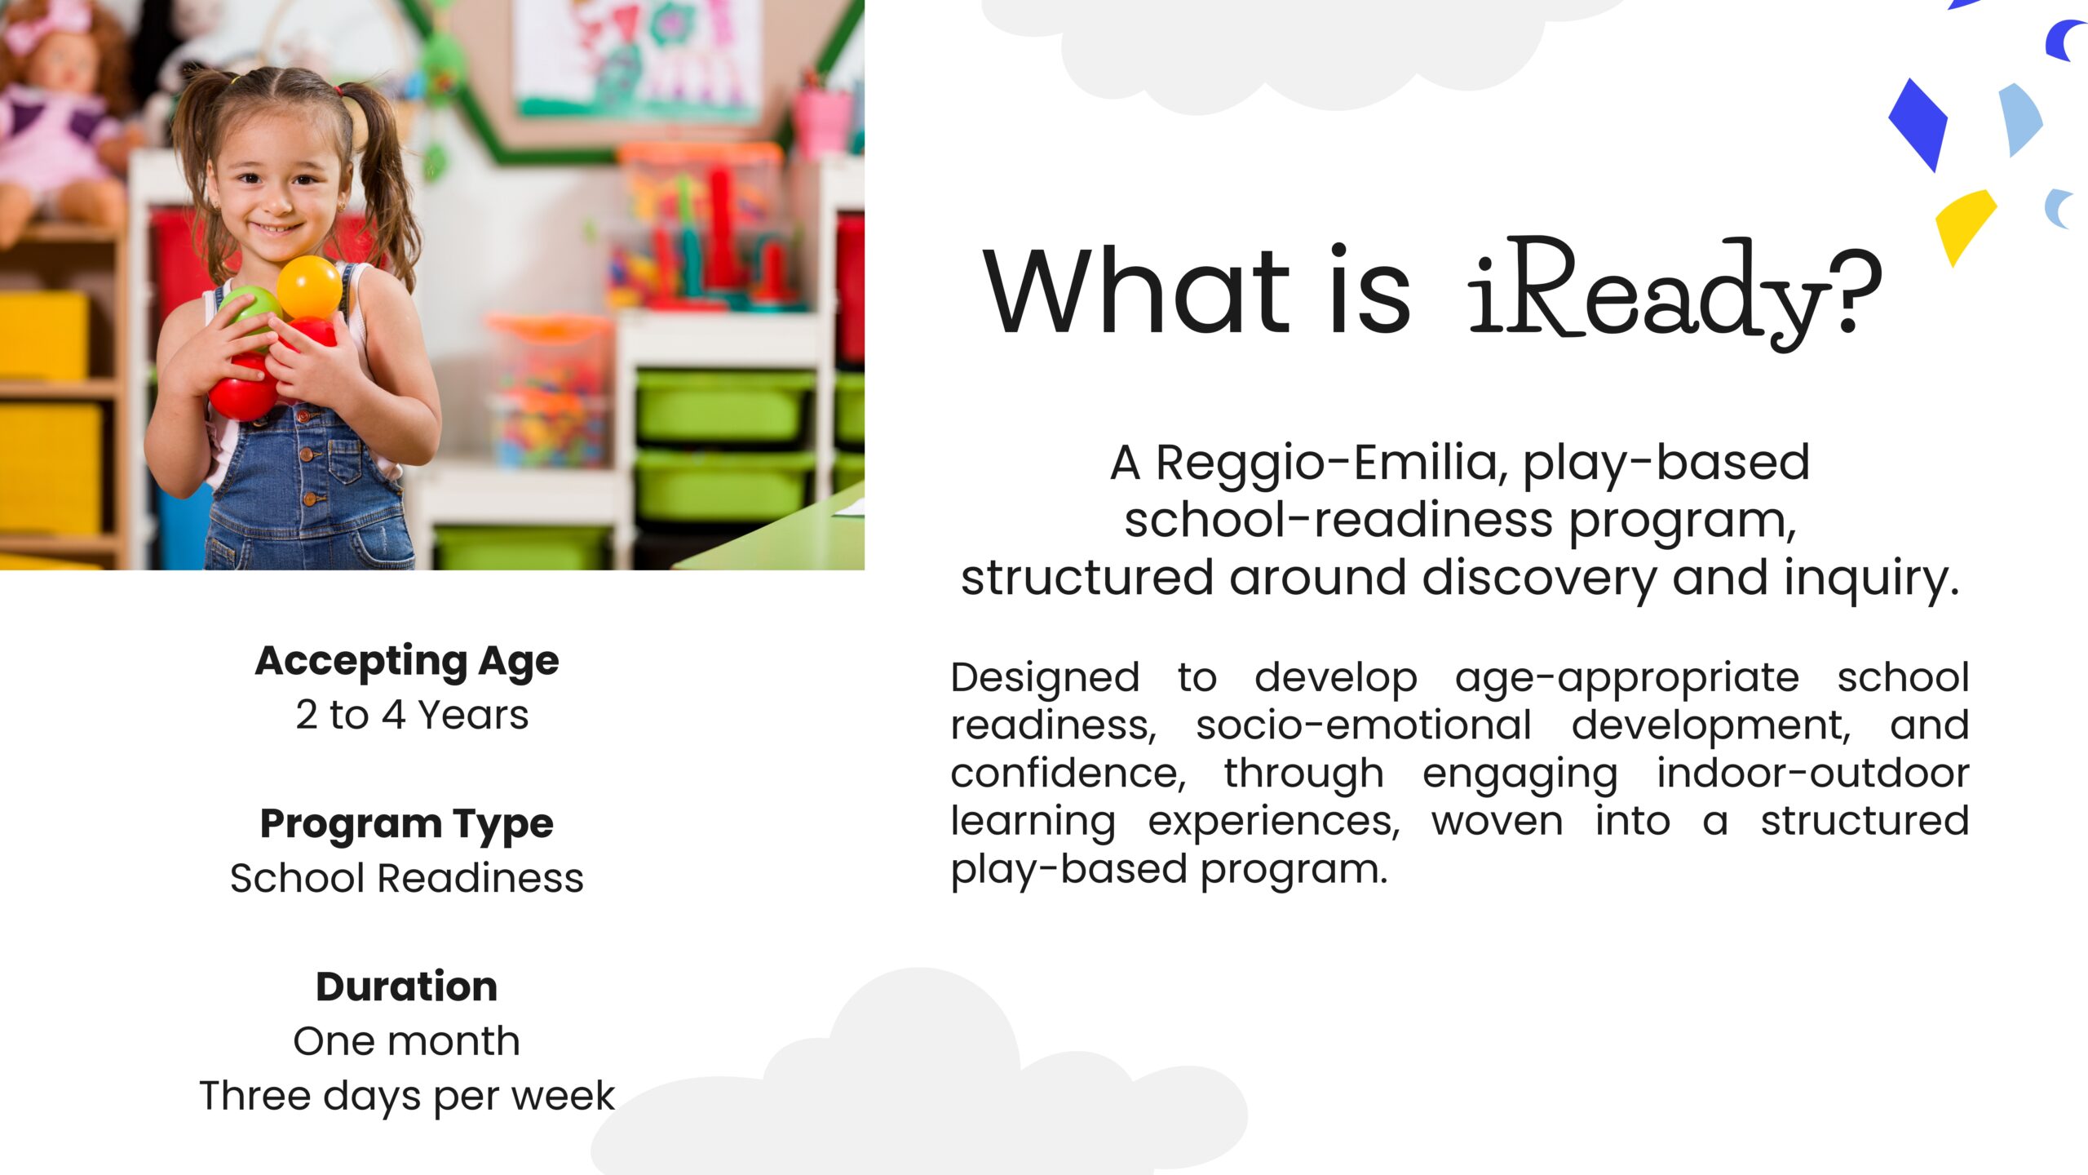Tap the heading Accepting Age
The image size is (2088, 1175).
click(407, 661)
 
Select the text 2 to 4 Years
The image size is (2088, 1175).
click(412, 716)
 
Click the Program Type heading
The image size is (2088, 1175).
click(406, 824)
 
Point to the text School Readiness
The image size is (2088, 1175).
click(406, 879)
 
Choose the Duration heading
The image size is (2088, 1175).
click(406, 987)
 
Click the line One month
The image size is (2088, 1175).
click(406, 1042)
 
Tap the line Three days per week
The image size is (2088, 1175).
click(406, 1096)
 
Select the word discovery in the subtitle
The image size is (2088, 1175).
click(1538, 578)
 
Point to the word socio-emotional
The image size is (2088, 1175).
click(1364, 725)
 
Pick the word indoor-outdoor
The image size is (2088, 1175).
click(1812, 774)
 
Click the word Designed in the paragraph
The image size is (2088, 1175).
click(1045, 678)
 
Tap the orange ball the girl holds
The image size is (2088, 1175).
click(309, 287)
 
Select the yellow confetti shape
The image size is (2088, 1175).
click(1964, 222)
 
